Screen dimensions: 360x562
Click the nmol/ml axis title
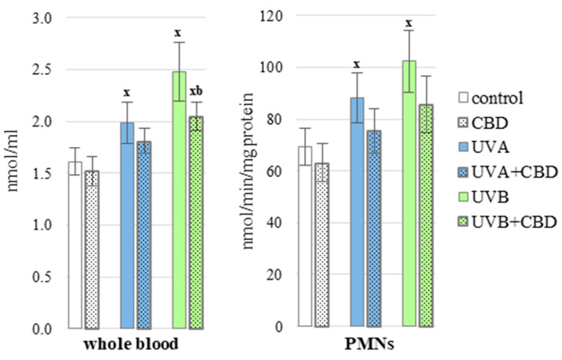pyautogui.click(x=13, y=172)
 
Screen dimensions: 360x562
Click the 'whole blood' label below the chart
pyautogui.click(x=132, y=348)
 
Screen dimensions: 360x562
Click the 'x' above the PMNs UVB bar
pyautogui.click(x=409, y=22)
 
